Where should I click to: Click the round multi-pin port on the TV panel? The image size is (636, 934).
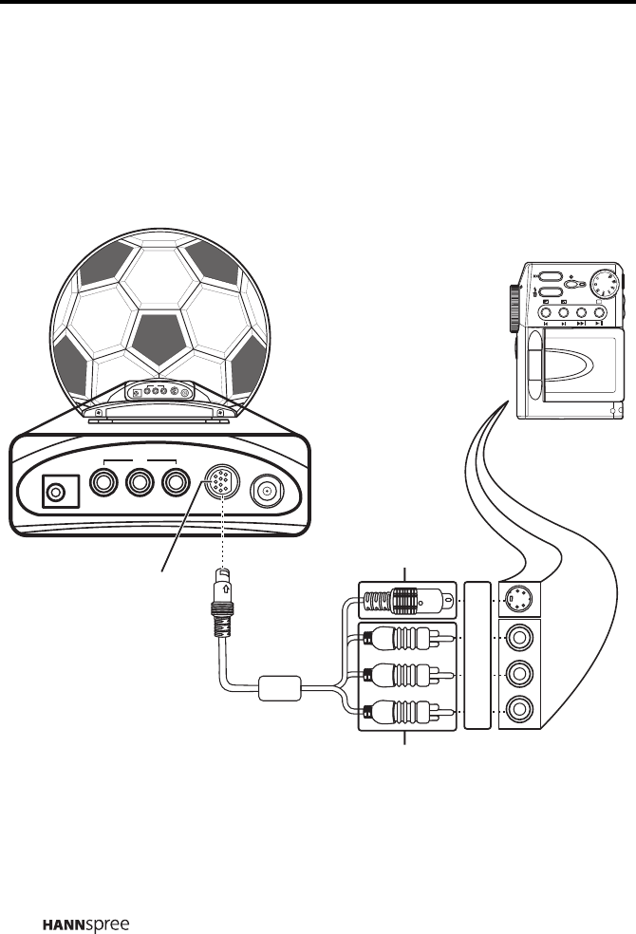pos(222,486)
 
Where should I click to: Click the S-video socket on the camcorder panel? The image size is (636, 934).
pos(518,599)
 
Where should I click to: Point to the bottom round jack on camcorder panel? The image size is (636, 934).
pos(518,710)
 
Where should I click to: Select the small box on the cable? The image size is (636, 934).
pos(280,687)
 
